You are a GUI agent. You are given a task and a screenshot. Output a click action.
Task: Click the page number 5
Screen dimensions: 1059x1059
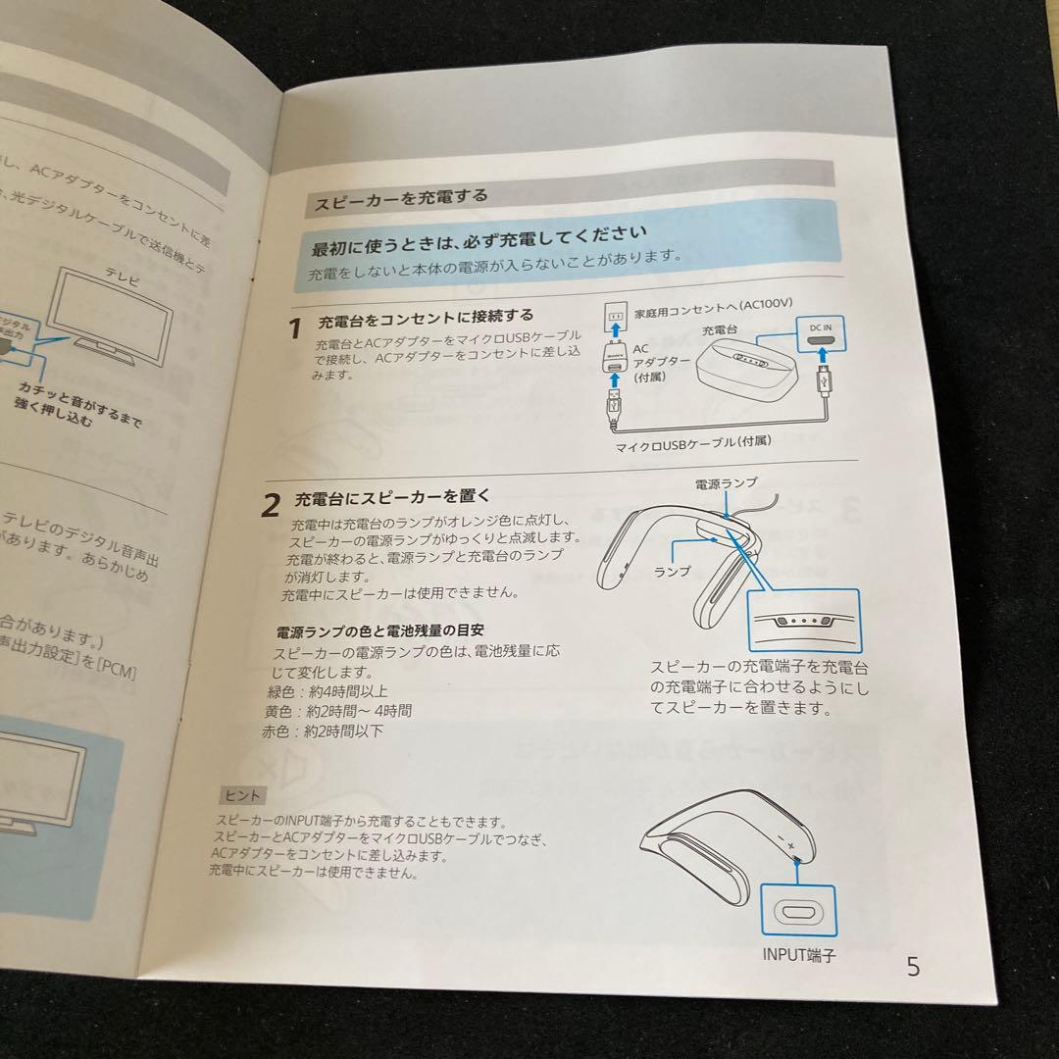point(913,967)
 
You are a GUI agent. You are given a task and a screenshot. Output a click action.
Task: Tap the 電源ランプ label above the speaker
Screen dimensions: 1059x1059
point(726,483)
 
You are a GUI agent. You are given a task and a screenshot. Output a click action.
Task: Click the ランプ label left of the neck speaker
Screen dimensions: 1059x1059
point(673,570)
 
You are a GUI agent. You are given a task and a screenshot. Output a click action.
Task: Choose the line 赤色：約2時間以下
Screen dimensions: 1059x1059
point(308,731)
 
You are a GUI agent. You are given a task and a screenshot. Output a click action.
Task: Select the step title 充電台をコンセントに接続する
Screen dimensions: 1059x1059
point(426,317)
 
